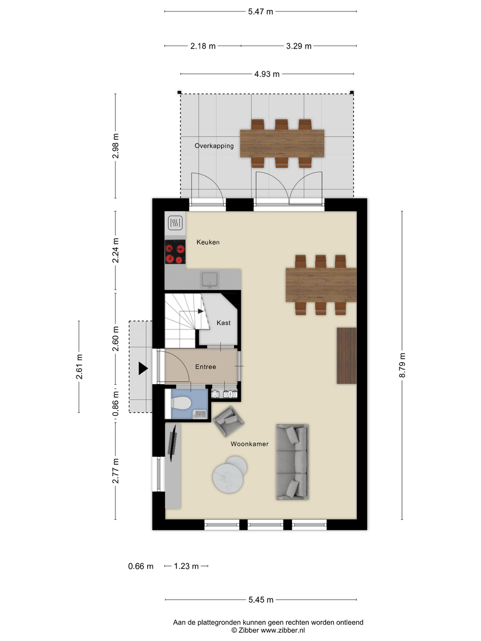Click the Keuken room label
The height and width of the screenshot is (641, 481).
[x=208, y=242]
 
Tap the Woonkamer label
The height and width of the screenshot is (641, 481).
[x=250, y=444]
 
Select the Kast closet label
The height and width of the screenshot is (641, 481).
[x=223, y=323]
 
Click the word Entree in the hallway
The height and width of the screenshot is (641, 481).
[x=205, y=367]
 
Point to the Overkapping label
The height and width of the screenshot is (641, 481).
[x=214, y=146]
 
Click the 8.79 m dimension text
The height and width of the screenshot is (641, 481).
[x=402, y=365]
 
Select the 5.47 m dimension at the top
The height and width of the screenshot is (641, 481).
[x=261, y=12]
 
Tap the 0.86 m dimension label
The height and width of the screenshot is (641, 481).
[x=115, y=403]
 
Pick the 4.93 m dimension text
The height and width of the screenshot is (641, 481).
[x=266, y=74]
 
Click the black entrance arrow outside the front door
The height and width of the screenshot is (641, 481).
[x=143, y=368]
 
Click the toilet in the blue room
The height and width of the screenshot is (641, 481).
[x=179, y=403]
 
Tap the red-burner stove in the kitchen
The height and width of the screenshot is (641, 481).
[x=175, y=251]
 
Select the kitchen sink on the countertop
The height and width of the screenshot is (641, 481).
[x=209, y=279]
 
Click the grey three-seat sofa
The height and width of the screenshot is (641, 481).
[x=292, y=462]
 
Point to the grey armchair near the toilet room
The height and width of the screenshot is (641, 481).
[x=228, y=421]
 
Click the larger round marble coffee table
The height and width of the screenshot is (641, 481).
[x=228, y=478]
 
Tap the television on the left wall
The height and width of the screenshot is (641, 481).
[x=172, y=443]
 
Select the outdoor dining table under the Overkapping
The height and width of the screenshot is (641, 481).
[x=282, y=143]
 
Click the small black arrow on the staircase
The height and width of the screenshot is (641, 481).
[x=201, y=311]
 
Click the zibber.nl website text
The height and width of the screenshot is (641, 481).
[x=283, y=630]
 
